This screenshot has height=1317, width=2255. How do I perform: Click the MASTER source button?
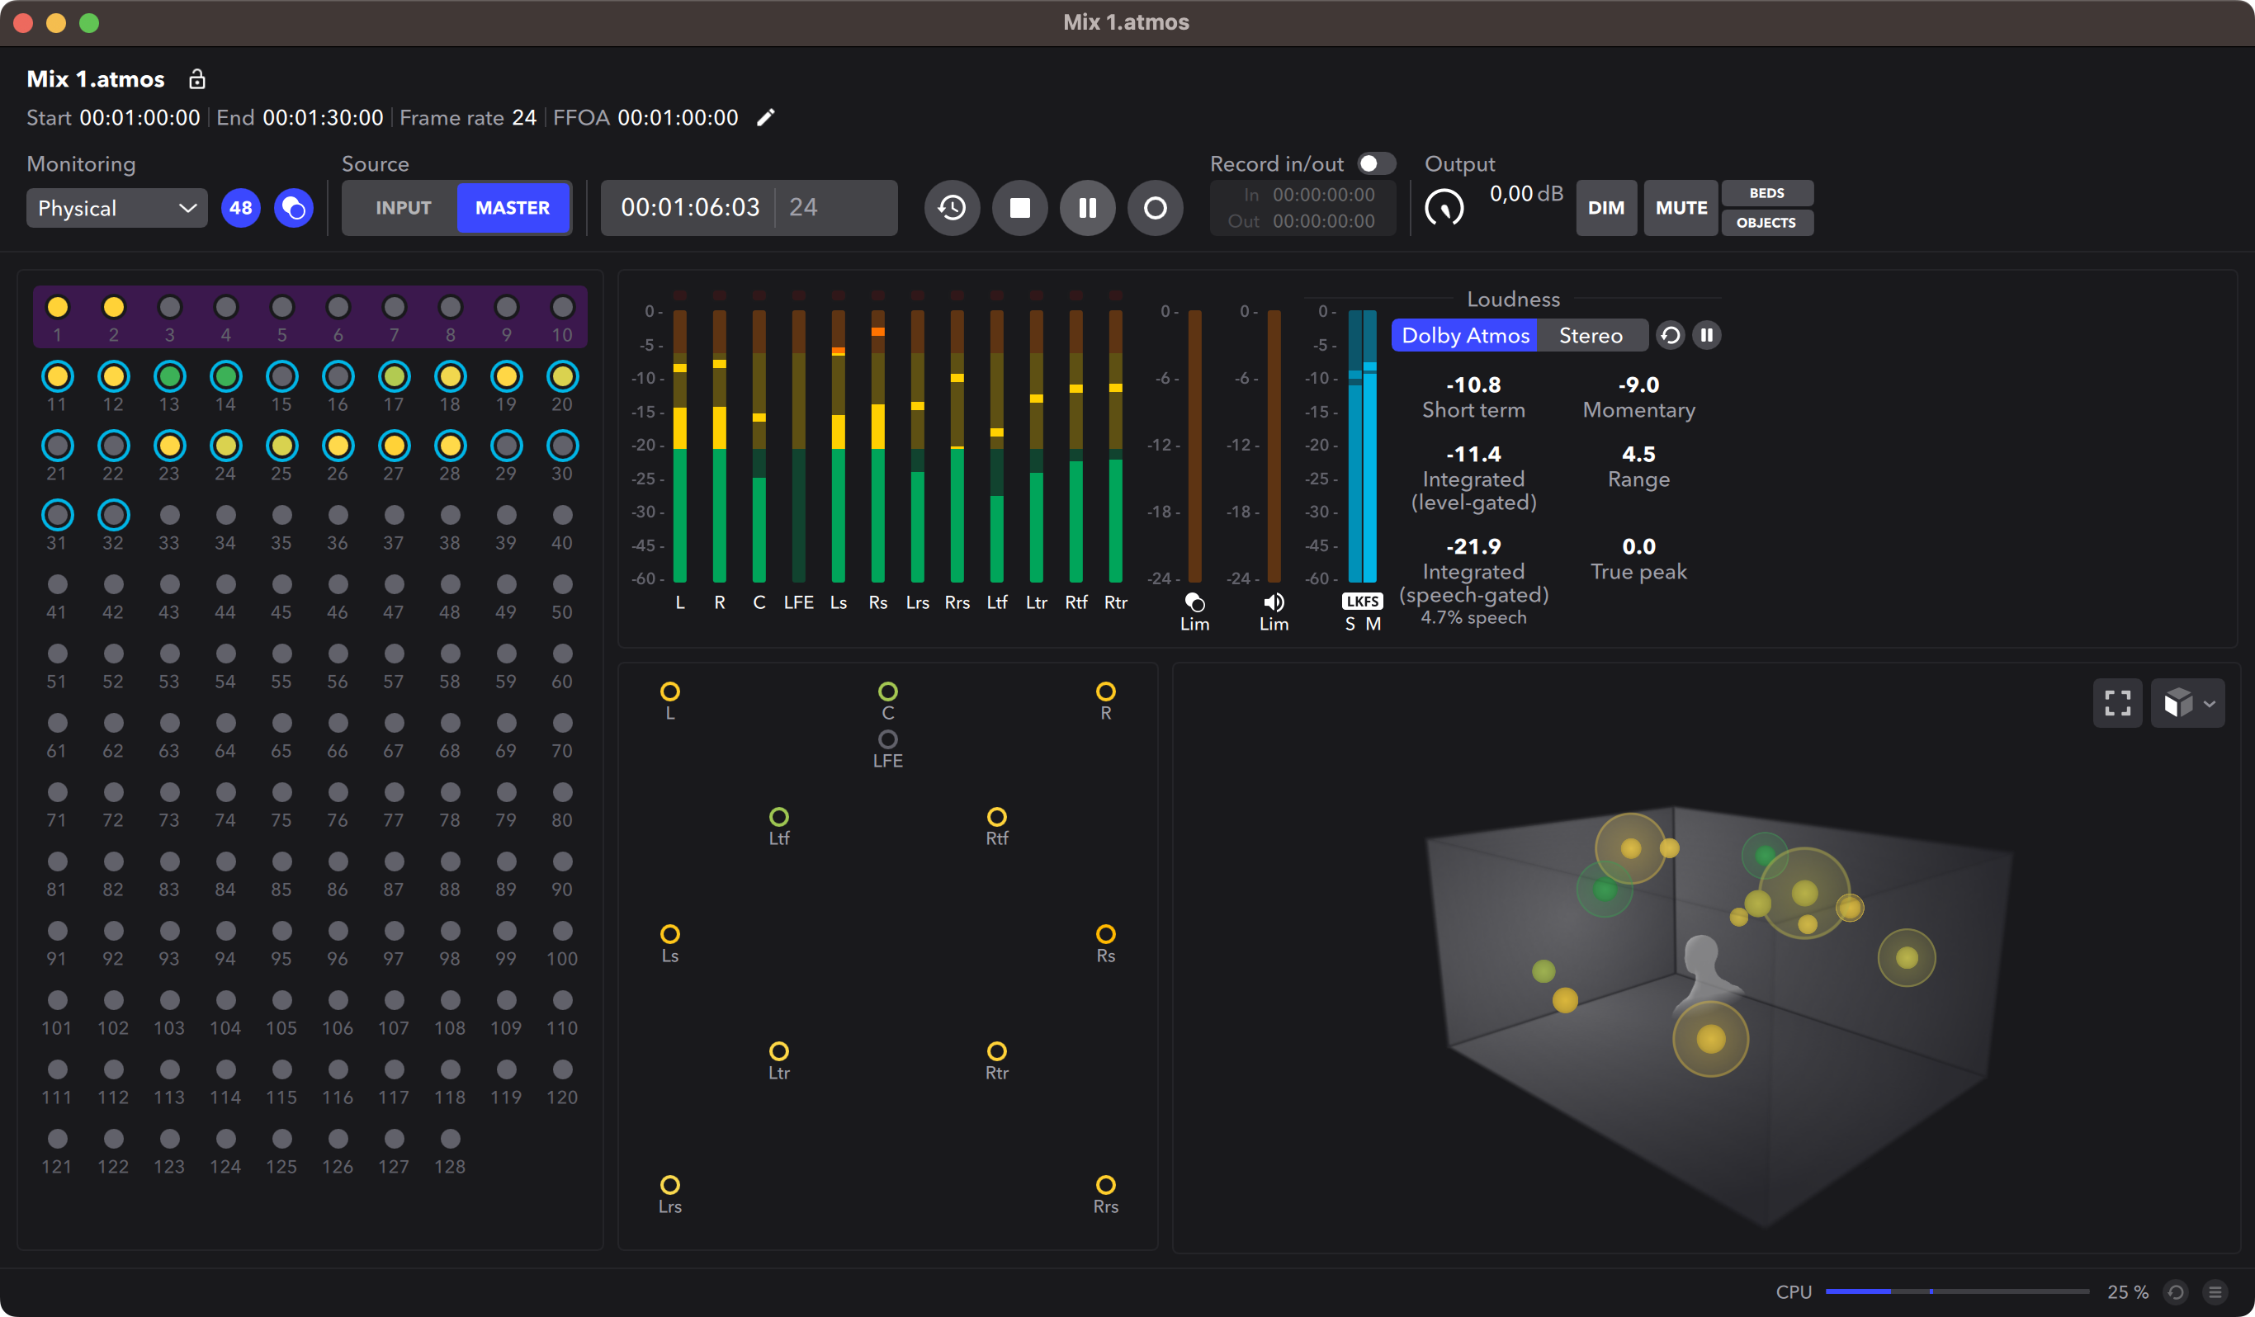(x=512, y=208)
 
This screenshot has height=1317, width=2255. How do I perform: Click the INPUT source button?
(x=403, y=208)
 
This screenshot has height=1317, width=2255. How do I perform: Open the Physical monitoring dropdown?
(x=116, y=208)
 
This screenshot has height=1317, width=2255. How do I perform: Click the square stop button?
(x=1019, y=208)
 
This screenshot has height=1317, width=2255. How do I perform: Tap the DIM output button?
(x=1605, y=208)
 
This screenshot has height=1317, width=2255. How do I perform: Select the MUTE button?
(x=1681, y=208)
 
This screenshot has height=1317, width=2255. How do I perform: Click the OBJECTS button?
(x=1766, y=223)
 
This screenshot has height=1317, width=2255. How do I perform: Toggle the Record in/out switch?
(x=1375, y=163)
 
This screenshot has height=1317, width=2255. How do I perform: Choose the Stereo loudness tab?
(x=1590, y=336)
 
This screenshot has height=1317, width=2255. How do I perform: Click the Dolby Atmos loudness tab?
(x=1465, y=336)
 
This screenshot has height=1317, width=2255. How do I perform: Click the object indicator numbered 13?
(x=169, y=376)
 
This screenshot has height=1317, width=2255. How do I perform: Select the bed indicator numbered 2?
(x=114, y=308)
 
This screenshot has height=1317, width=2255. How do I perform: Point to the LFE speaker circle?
(x=887, y=739)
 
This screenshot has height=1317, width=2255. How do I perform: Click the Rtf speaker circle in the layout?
(x=996, y=817)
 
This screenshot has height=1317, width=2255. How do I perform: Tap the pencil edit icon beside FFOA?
(x=766, y=117)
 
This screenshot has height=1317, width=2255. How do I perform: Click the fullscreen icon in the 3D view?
(x=2116, y=703)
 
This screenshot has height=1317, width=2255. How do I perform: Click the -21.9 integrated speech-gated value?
(x=1473, y=545)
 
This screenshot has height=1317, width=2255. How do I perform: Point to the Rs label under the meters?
(x=878, y=602)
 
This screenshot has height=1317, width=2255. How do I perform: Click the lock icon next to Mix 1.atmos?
(x=197, y=78)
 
